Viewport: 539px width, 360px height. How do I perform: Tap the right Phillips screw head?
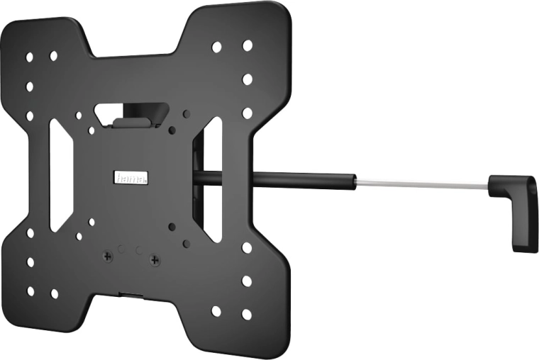(x=155, y=261)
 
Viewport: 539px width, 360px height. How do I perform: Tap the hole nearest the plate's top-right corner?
(x=248, y=45)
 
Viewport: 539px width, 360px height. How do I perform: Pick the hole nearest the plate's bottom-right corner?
(x=246, y=314)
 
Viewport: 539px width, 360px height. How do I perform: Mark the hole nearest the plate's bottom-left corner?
(x=30, y=291)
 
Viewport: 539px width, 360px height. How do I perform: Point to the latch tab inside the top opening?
(x=132, y=121)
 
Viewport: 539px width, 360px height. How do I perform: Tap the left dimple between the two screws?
(x=121, y=249)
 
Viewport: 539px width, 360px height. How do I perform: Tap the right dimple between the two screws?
(x=140, y=251)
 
